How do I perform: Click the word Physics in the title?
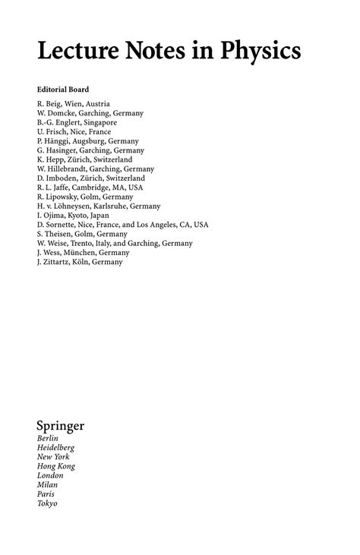tap(261, 51)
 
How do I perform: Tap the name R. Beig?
tap(49, 103)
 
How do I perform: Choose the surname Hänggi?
tap(59, 141)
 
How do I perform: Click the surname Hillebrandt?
tap(71, 169)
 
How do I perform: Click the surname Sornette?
tap(62, 225)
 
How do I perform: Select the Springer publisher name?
tap(60, 426)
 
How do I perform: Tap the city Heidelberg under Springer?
tap(55, 448)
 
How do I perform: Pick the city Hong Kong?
tap(55, 466)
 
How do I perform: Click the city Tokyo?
tap(47, 503)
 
